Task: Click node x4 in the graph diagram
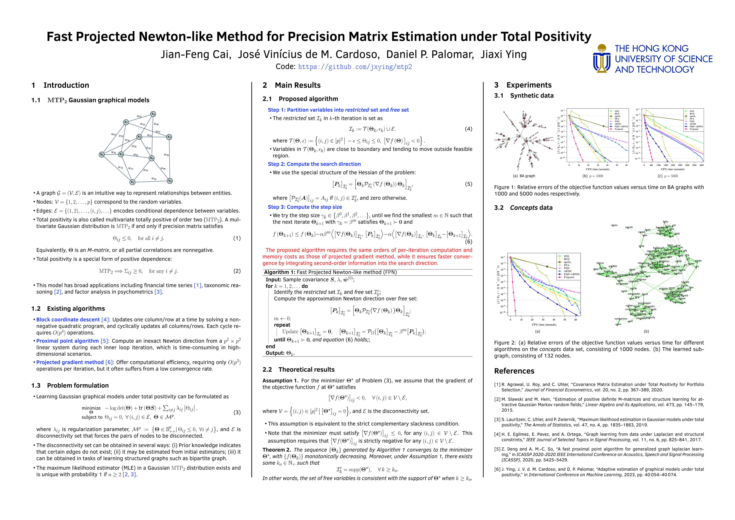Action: coord(153,114)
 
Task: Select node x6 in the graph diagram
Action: coord(101,155)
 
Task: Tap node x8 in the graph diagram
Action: coord(170,181)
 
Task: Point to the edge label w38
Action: coord(166,155)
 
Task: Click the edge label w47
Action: coord(139,116)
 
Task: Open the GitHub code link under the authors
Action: coord(355,67)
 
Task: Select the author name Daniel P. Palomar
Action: coord(430,54)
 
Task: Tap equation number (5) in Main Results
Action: coord(468,184)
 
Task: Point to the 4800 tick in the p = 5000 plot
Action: coord(701,165)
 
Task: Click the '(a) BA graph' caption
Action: coord(524,176)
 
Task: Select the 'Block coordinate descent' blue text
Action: coord(68,320)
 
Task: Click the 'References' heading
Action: coord(514,371)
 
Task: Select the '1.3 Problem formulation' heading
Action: coord(70,385)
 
